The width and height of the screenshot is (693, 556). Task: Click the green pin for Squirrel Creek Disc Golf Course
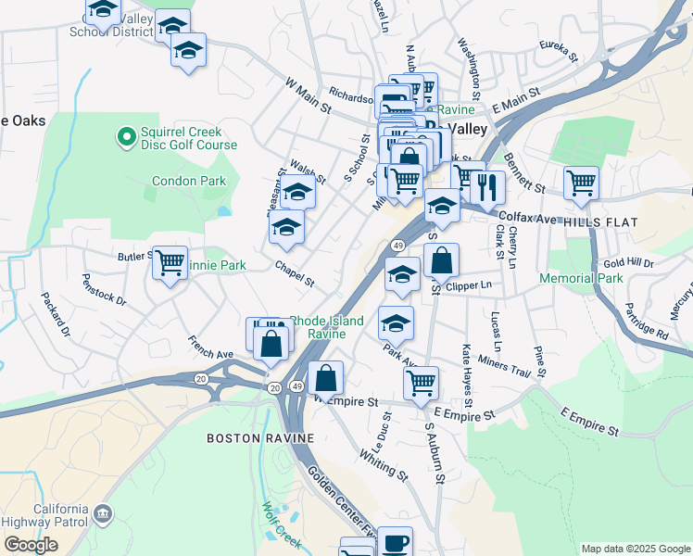click(126, 138)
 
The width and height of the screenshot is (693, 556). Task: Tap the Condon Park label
click(189, 182)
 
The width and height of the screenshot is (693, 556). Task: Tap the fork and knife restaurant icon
click(486, 187)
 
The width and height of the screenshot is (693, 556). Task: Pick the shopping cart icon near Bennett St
click(581, 183)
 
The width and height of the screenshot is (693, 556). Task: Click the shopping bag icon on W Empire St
click(326, 378)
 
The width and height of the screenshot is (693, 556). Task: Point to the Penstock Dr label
click(104, 288)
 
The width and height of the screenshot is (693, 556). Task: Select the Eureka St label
click(559, 50)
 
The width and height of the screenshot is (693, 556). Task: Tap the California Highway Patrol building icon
click(103, 512)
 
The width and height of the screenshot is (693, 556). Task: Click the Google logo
click(31, 545)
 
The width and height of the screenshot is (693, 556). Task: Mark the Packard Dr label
click(55, 314)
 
